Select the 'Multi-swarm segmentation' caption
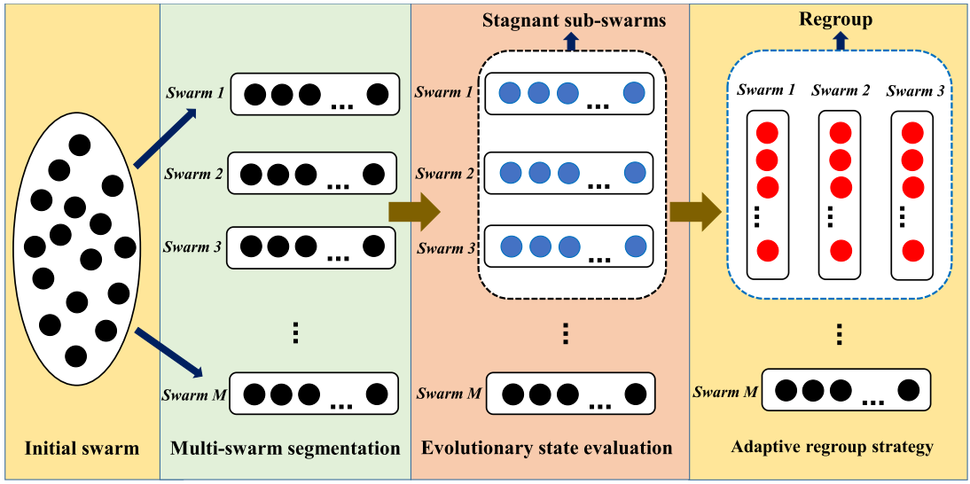(285, 448)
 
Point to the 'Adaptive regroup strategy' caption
(833, 447)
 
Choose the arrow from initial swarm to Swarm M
(167, 350)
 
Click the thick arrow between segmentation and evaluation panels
(414, 211)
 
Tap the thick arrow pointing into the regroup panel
(695, 212)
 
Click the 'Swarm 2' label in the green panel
(192, 174)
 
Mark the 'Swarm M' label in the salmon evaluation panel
(449, 394)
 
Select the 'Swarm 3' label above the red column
(916, 90)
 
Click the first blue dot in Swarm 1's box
(510, 92)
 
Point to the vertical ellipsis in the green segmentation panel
(295, 332)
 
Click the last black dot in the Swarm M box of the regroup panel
(908, 389)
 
